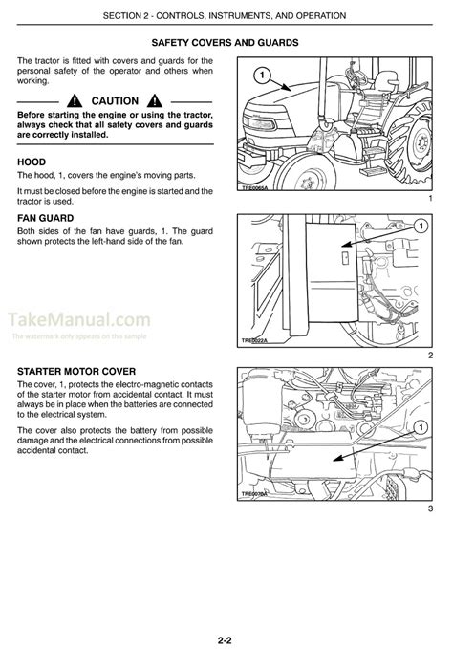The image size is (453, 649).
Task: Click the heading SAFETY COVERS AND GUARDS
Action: pyautogui.click(x=226, y=43)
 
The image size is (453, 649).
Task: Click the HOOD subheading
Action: pyautogui.click(x=32, y=162)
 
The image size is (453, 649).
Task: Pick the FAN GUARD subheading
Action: pyautogui.click(x=50, y=218)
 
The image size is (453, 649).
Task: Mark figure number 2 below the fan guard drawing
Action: pyautogui.click(x=431, y=356)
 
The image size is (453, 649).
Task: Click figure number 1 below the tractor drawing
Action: pyautogui.click(x=431, y=198)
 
